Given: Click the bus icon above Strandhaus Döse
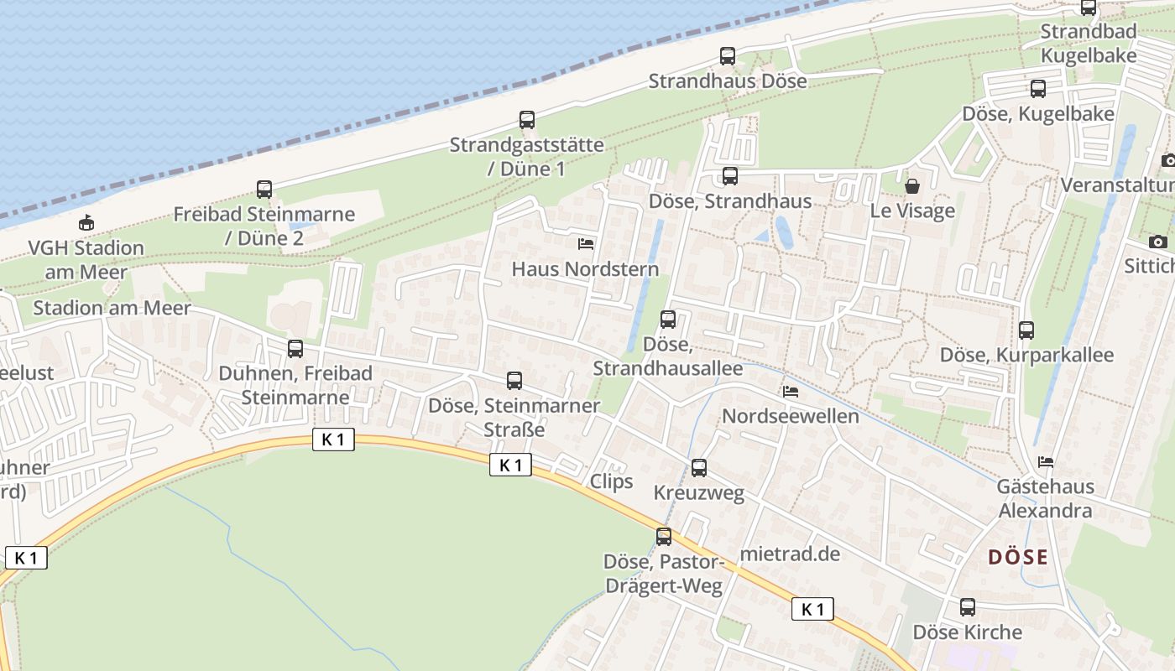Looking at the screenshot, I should (728, 56).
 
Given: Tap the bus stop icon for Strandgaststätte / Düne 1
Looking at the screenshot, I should (527, 120).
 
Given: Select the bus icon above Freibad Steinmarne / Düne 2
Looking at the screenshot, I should (264, 190).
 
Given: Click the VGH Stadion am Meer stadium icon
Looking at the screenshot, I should (86, 223).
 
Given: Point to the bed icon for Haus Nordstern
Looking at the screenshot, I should (586, 244).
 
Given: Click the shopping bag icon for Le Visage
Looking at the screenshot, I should (912, 186).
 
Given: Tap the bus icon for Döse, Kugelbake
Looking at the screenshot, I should (1038, 89).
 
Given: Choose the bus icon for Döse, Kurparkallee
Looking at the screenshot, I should (1026, 330).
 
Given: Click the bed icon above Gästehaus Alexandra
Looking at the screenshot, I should (1045, 462).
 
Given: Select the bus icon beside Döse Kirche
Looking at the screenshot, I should (968, 607).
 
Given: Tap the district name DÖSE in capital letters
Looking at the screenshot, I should (1017, 557).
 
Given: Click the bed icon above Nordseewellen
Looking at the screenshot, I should (790, 392).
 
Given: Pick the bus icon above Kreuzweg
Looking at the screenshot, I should (699, 468).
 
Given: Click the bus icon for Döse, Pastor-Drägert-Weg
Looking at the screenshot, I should (664, 537).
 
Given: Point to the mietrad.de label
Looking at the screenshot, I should (791, 554).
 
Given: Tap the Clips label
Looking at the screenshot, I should (611, 481).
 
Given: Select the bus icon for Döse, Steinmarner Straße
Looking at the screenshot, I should (514, 381).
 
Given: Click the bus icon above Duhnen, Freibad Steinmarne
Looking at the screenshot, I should (295, 349).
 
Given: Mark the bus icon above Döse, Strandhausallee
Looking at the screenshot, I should (668, 320).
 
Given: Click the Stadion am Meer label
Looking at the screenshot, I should (112, 308).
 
